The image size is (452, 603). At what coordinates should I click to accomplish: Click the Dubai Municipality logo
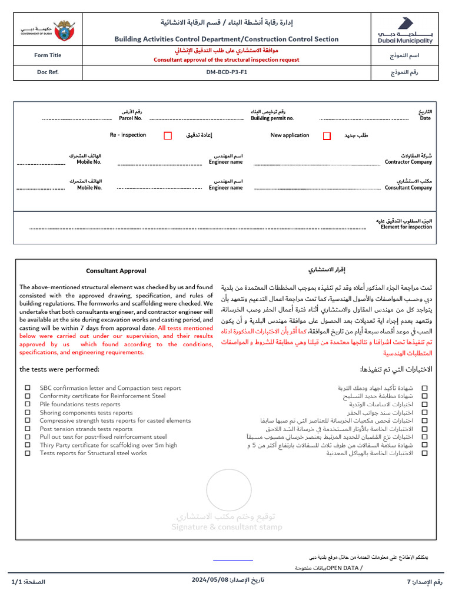[405, 30]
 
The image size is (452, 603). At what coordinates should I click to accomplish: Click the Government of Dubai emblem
[48, 29]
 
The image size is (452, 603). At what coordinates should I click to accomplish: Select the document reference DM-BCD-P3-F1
[227, 72]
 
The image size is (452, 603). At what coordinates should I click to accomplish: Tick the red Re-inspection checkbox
[168, 135]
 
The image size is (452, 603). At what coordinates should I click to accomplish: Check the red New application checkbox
[327, 135]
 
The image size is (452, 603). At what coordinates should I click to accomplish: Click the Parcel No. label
[130, 118]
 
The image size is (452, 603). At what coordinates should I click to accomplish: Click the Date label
[425, 118]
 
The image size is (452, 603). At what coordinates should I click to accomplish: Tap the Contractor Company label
[408, 162]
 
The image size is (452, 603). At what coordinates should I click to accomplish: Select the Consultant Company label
[408, 188]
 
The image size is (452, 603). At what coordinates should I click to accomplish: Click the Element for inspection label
[406, 227]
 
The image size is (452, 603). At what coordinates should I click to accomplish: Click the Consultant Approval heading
[116, 271]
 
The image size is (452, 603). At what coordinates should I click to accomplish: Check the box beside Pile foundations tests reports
[28, 405]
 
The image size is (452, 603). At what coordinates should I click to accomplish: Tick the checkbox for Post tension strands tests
[28, 429]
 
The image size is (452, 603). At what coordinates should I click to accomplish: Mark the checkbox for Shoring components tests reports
[28, 413]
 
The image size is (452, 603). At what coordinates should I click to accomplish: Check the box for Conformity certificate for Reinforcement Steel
[28, 396]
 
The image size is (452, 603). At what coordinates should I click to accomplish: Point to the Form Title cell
[48, 55]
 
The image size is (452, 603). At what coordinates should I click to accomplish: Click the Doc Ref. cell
[48, 72]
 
